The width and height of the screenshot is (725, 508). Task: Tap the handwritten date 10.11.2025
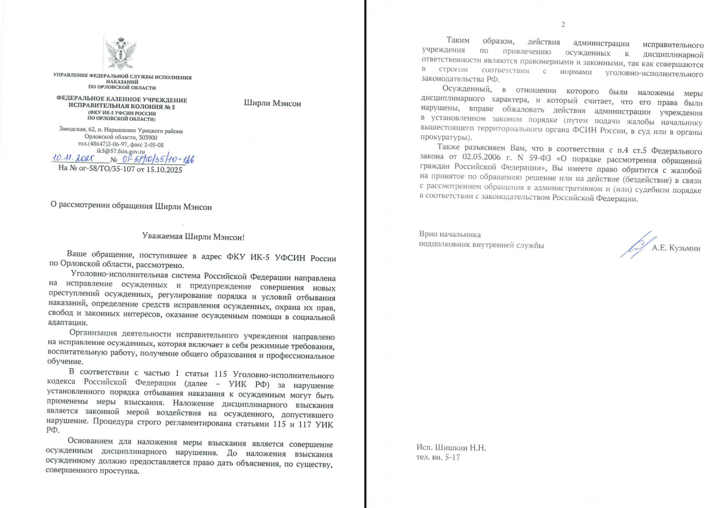[x=78, y=160]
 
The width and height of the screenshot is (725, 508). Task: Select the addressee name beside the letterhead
[x=272, y=103]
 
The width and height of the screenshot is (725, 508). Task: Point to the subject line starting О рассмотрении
[x=131, y=207]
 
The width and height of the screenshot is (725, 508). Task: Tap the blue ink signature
[x=634, y=244]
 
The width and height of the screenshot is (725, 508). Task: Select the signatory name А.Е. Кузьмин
[x=675, y=248]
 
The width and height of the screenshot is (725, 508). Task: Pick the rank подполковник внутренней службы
[x=481, y=244]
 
